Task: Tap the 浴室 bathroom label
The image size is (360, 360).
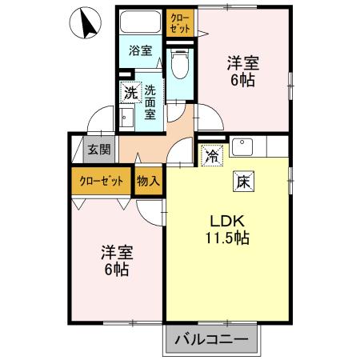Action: (x=141, y=50)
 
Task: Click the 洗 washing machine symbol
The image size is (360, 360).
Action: (x=130, y=93)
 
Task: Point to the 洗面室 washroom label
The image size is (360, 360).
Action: (x=149, y=103)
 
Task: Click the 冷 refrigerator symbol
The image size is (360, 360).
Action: (x=211, y=155)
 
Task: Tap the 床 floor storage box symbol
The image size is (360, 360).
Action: (x=242, y=181)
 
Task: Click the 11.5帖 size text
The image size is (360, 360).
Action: (x=226, y=238)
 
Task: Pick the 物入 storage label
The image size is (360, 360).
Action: (x=149, y=180)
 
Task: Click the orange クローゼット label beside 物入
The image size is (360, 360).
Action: (x=102, y=180)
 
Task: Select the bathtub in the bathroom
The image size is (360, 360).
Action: (x=142, y=22)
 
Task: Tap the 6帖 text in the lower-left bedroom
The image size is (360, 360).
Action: (x=116, y=269)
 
